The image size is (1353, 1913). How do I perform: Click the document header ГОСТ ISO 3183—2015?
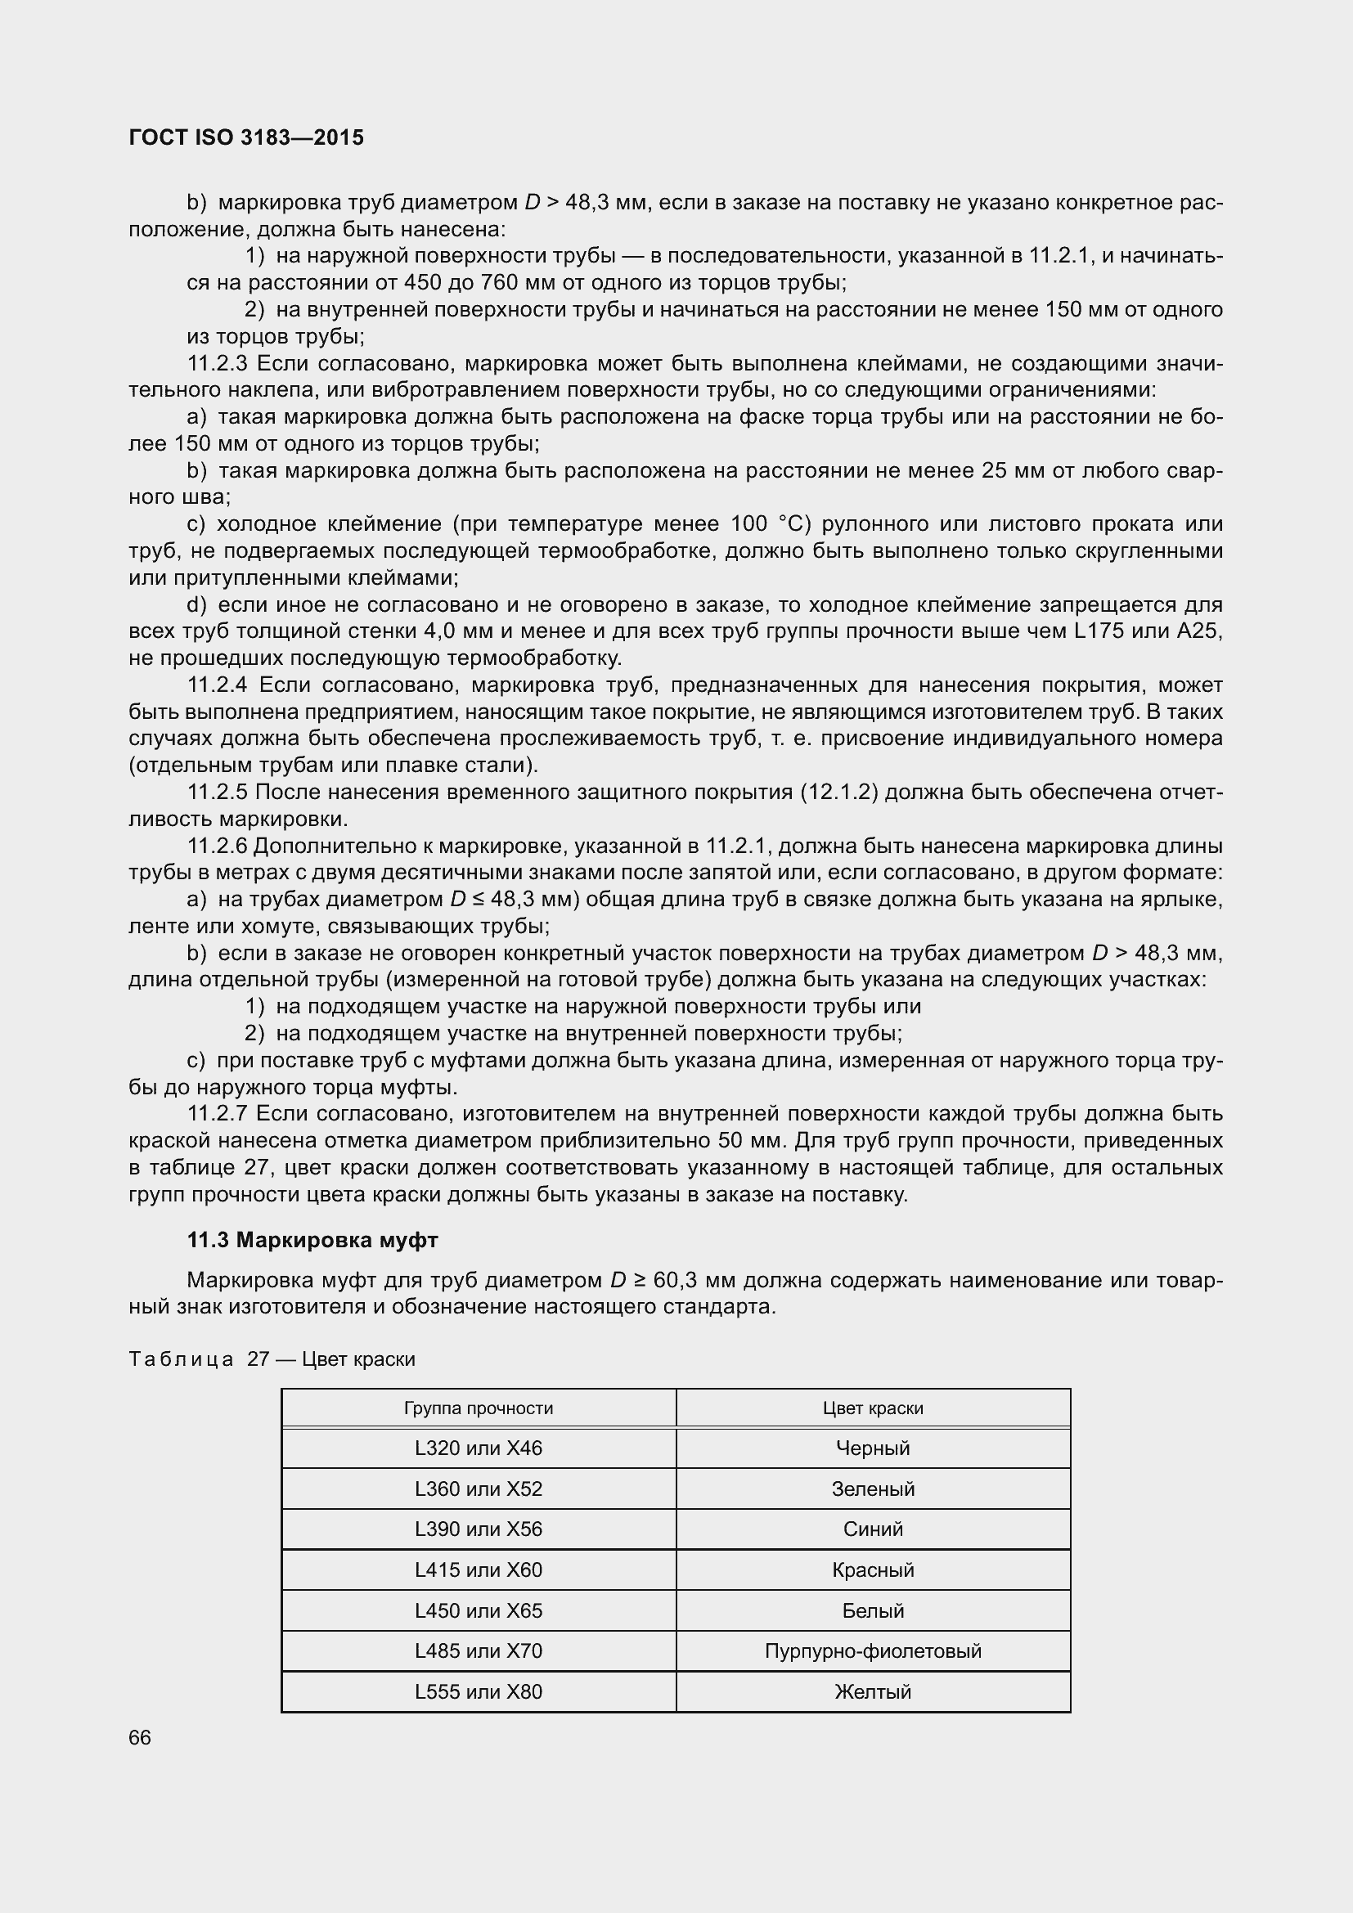(246, 137)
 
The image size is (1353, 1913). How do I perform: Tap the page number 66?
(140, 1737)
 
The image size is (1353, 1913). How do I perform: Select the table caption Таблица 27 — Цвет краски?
(272, 1359)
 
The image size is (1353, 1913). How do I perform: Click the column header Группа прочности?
(479, 1408)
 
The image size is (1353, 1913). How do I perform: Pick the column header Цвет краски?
(872, 1408)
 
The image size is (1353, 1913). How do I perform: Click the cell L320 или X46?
(479, 1448)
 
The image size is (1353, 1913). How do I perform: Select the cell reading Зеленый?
(872, 1489)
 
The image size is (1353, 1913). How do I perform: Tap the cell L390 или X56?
(479, 1529)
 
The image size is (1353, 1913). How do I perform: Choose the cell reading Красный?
(872, 1569)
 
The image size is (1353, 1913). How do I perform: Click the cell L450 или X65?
(479, 1610)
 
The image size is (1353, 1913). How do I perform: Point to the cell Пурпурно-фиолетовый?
(872, 1650)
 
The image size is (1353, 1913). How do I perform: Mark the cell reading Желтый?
(872, 1691)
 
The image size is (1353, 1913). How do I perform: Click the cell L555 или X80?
(479, 1691)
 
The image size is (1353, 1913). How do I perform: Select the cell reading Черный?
(872, 1448)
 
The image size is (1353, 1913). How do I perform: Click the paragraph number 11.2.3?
(218, 363)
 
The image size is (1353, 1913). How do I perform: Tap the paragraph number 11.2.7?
(218, 1113)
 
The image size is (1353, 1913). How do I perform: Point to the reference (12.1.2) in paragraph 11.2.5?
(839, 792)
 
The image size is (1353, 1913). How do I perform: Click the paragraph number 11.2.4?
(218, 685)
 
